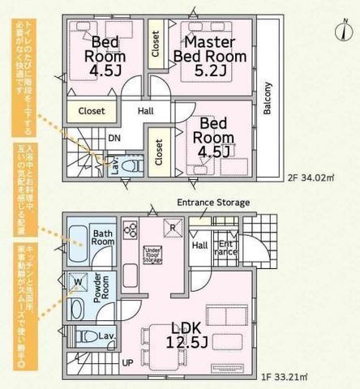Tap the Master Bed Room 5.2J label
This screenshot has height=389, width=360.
point(208,49)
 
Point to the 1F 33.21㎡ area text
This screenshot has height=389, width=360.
point(306,375)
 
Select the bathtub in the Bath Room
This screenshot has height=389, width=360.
point(79,237)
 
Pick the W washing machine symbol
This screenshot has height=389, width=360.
point(79,282)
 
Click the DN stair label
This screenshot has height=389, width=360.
point(115,139)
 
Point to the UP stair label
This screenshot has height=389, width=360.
point(126,363)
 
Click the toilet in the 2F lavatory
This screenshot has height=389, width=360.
point(135,164)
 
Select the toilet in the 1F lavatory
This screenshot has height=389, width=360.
point(87,336)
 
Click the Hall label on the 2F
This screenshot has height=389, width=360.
point(146,112)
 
